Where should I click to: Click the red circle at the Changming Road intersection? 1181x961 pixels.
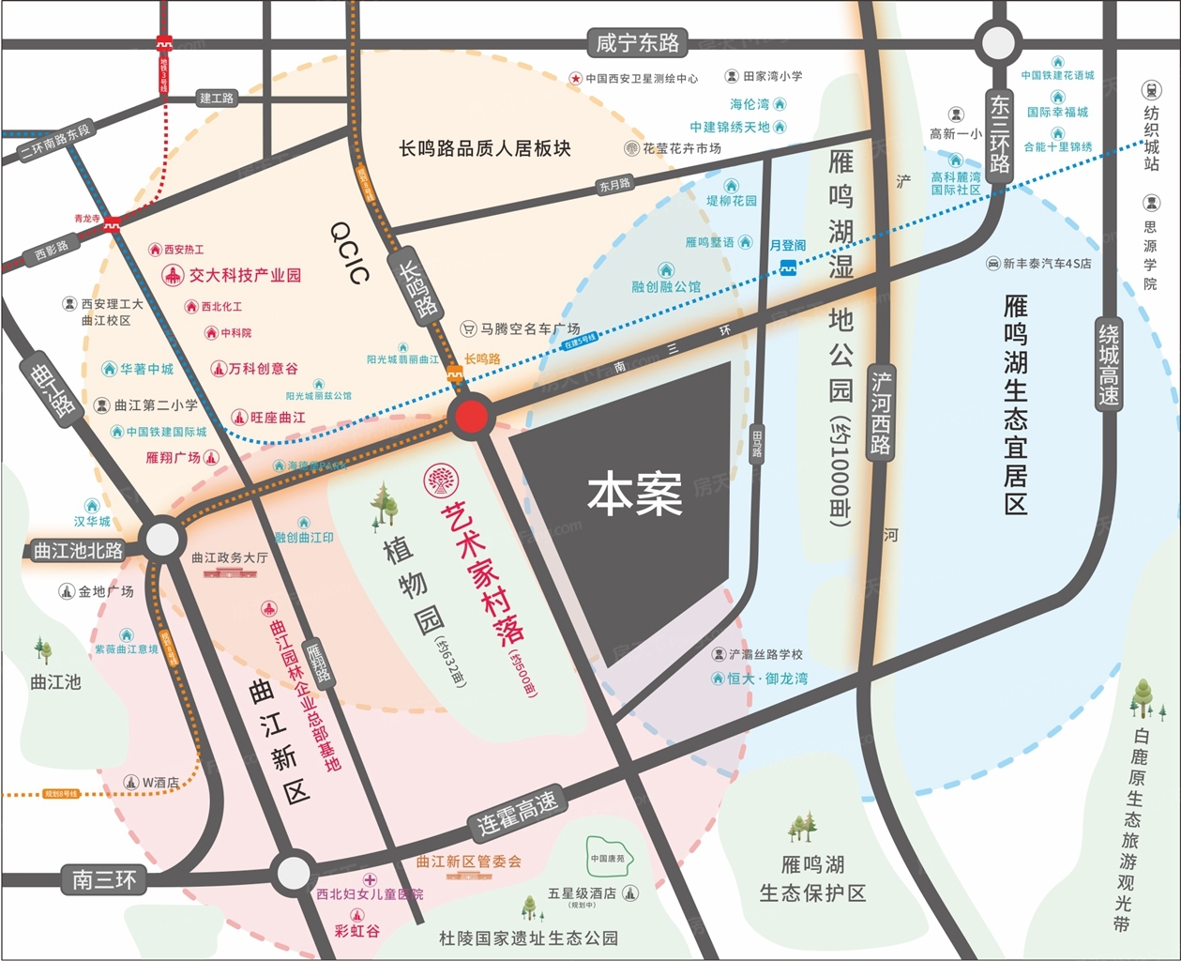tap(471, 416)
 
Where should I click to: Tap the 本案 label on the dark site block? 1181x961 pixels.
tap(635, 494)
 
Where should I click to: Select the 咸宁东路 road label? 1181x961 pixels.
tap(638, 43)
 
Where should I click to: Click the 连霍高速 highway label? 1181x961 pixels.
tap(518, 813)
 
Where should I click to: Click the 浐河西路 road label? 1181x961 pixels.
tap(881, 413)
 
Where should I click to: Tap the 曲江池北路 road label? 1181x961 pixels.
tap(78, 551)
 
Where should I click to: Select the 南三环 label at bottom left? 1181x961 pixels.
tap(104, 879)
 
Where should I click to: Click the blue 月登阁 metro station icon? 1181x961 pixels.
tap(788, 268)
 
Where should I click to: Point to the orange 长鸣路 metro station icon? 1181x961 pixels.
tap(456, 375)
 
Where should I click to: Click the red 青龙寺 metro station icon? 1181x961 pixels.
tap(113, 223)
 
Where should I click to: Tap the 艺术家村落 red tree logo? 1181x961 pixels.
tap(437, 480)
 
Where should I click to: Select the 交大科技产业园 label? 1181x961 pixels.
tap(245, 275)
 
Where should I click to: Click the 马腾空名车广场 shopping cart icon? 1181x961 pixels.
tap(468, 329)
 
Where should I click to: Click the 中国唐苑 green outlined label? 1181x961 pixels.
tap(607, 858)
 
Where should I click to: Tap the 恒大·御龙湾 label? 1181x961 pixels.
tap(767, 678)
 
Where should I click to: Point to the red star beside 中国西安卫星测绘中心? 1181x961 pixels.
tap(575, 79)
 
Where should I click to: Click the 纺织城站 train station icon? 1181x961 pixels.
tap(1151, 90)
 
